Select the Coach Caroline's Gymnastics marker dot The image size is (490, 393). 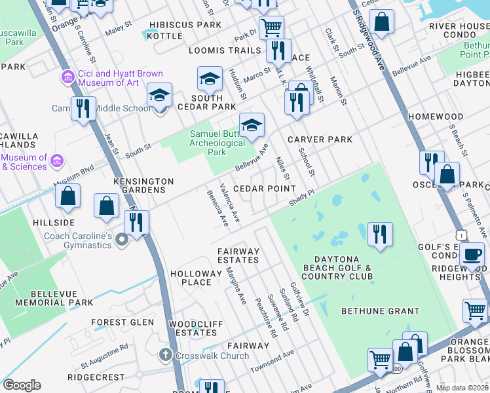(x=121, y=242)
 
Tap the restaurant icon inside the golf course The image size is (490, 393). (x=380, y=234)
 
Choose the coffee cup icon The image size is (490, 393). (x=472, y=254)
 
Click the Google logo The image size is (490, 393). (x=22, y=385)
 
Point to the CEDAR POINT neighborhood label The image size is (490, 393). (x=266, y=189)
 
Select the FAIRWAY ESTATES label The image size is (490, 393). (x=238, y=255)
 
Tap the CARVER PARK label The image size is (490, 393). (x=320, y=140)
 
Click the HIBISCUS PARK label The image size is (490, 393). (x=185, y=25)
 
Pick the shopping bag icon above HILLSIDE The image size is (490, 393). (x=67, y=196)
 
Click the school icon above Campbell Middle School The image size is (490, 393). (x=159, y=96)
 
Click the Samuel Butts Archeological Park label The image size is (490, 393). (x=216, y=143)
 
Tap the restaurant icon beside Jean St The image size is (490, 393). (x=83, y=109)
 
